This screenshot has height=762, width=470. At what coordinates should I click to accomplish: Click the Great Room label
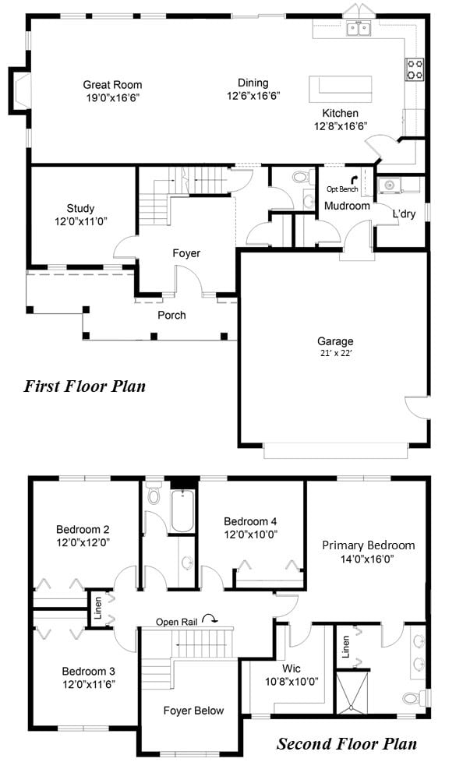(x=112, y=85)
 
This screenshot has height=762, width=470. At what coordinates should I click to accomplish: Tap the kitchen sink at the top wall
(x=359, y=29)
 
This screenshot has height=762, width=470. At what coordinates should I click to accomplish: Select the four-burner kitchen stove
(x=415, y=69)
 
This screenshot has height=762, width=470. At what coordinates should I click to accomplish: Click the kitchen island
(x=341, y=89)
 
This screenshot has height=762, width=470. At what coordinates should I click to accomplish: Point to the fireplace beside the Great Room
(x=19, y=91)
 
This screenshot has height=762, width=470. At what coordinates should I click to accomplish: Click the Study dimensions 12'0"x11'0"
(x=81, y=221)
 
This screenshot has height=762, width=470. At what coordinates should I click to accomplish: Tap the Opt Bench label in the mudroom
(x=342, y=189)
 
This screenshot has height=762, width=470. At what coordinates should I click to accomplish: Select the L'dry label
(x=404, y=213)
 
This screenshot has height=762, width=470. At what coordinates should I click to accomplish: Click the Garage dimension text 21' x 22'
(x=335, y=353)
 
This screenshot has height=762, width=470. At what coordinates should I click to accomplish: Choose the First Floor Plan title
(x=85, y=386)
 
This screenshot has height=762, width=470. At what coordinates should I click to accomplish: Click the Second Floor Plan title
(x=347, y=743)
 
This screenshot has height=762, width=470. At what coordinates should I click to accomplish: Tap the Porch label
(x=171, y=315)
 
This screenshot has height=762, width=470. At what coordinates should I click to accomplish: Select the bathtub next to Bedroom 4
(x=182, y=511)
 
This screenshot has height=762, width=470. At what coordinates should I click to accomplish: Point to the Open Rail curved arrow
(x=210, y=618)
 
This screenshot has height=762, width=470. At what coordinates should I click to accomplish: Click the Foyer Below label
(x=193, y=711)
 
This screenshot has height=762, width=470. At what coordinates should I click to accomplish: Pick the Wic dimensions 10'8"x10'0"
(x=292, y=681)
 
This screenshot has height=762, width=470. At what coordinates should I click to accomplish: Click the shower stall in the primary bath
(x=352, y=692)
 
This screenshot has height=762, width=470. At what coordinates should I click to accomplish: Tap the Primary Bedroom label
(x=369, y=545)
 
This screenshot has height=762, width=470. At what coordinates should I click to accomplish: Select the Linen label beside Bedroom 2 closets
(x=98, y=608)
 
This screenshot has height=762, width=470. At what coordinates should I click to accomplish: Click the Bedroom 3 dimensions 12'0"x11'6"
(x=88, y=684)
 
